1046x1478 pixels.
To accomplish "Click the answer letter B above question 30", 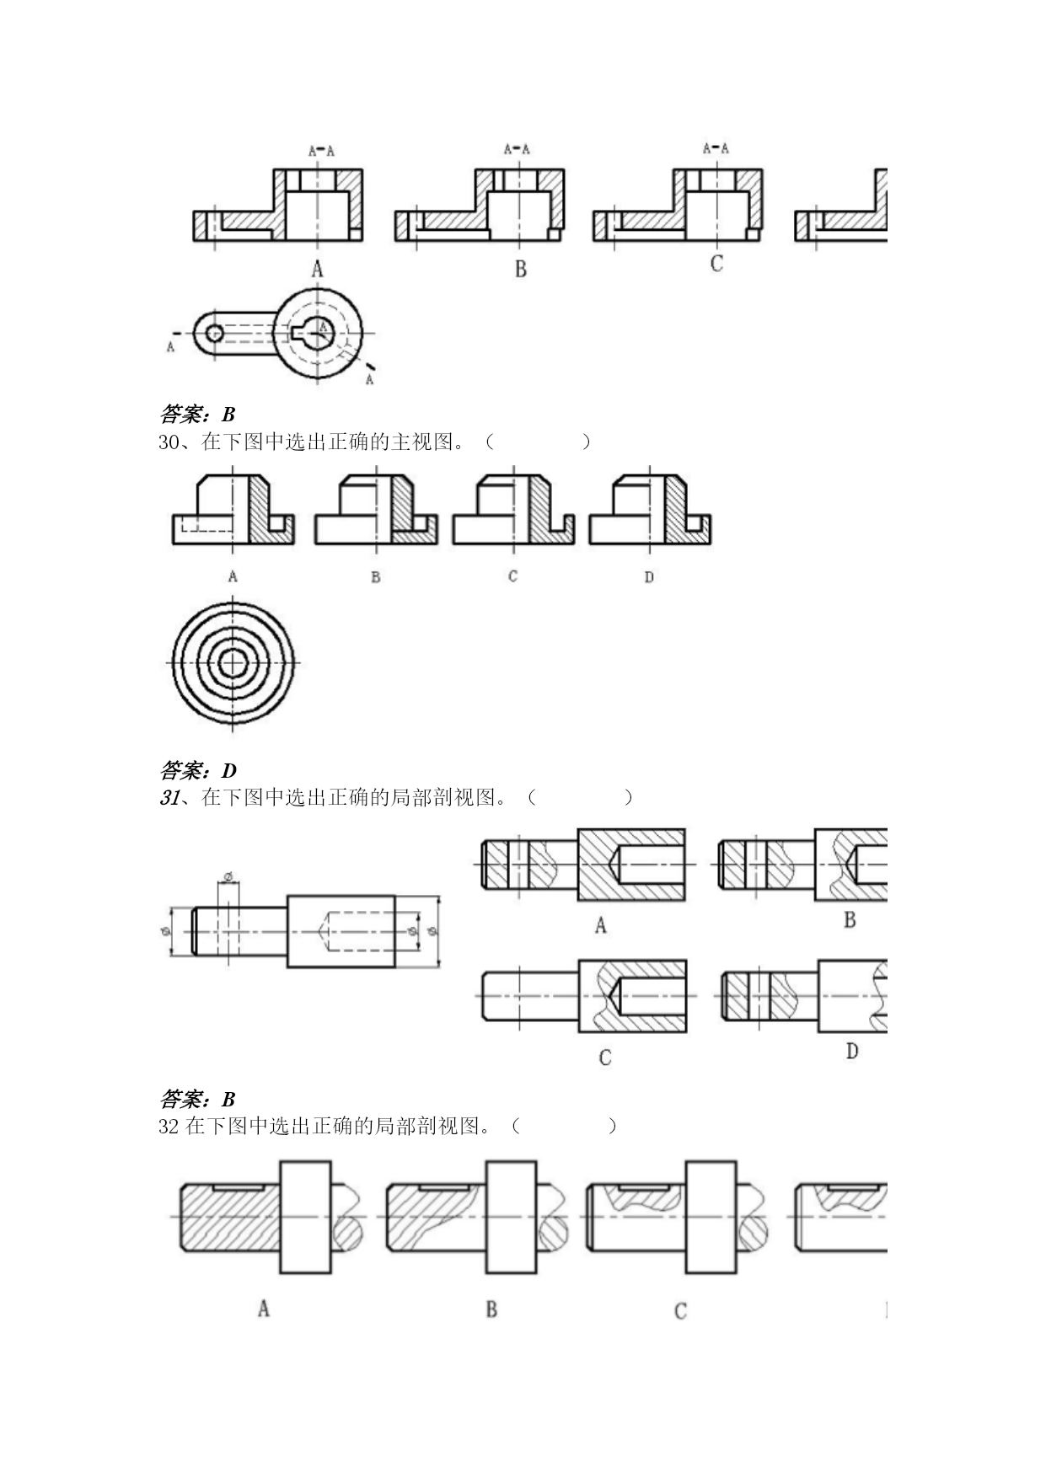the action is coord(228,415).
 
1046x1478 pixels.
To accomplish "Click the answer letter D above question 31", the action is coord(229,771).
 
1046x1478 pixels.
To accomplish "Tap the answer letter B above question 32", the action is coord(228,1100).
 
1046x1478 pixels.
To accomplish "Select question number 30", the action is coord(169,442).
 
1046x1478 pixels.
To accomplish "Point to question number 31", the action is coord(169,798).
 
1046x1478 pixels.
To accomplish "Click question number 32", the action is coord(169,1127).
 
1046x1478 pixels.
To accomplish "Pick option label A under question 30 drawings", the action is coord(233,577).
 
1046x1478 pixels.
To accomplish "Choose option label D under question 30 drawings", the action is coord(649,577).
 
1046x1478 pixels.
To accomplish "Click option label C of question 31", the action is coord(605,1058).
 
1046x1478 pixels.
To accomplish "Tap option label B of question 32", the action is coord(491,1309).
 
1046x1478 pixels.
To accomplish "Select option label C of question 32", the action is coord(681,1311).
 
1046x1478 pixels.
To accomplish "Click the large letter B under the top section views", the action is coord(521,270).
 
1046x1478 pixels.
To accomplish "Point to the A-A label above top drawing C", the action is coord(716,149).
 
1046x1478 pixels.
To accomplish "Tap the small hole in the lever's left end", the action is coord(215,333).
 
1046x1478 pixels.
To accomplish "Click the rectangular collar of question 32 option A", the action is coord(305,1217).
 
